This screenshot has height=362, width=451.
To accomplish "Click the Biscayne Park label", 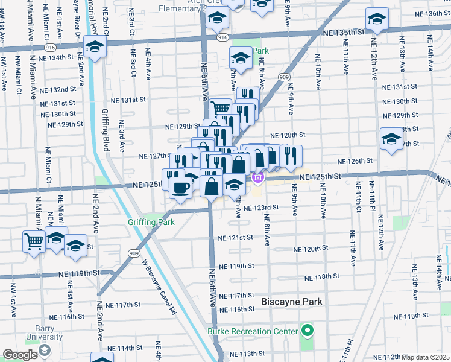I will click(x=292, y=302).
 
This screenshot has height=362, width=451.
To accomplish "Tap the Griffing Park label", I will click(x=151, y=223).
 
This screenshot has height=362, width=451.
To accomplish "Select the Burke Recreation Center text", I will click(x=253, y=331).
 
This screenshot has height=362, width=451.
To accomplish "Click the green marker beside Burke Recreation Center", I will click(x=307, y=331).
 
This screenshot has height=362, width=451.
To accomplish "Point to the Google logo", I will click(x=20, y=354).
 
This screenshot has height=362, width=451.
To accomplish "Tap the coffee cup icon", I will click(x=180, y=188).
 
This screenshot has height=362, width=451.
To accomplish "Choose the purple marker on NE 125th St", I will click(x=258, y=177).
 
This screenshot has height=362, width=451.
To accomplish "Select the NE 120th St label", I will click(x=311, y=248).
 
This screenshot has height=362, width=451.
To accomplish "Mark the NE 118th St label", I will click(x=323, y=278).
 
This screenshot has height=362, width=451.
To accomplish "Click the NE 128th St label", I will click(x=288, y=135).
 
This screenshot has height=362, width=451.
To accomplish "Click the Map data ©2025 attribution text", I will click(x=426, y=357).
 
